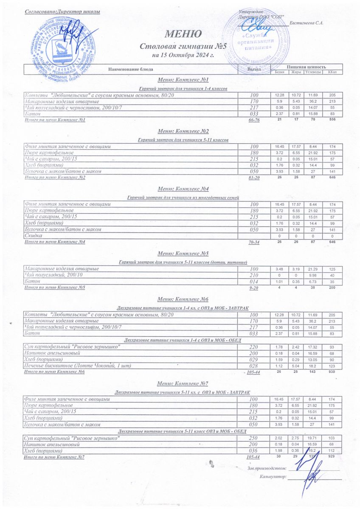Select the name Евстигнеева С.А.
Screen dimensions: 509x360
(x=306, y=22)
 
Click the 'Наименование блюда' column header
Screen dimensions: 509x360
(x=130, y=69)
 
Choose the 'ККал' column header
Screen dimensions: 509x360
(x=332, y=72)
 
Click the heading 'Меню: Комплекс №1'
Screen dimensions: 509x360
(x=183, y=80)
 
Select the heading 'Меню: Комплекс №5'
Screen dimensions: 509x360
(x=183, y=254)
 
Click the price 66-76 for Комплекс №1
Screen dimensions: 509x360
(x=254, y=120)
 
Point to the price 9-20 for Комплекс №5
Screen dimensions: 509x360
(x=254, y=288)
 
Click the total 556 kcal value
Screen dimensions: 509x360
(x=332, y=120)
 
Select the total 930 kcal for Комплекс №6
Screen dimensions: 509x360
(x=332, y=372)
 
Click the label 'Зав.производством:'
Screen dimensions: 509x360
(x=267, y=468)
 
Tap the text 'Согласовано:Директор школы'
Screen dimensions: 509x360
(x=62, y=11)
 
